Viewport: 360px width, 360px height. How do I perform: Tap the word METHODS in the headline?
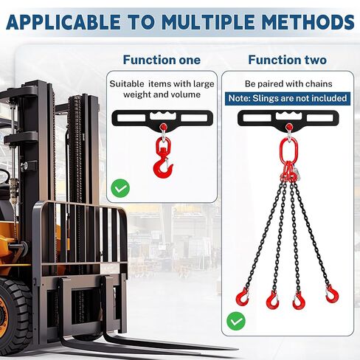pos(310,23)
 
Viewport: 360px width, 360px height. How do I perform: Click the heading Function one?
pos(162,60)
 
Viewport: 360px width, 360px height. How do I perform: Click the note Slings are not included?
pos(287,97)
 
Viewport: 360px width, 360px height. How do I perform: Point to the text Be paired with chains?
pos(287,83)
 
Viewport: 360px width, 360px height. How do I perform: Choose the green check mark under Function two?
pos(235,321)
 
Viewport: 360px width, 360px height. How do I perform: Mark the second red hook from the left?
pos(273,299)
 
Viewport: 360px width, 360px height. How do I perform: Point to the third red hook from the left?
pos(300,300)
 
